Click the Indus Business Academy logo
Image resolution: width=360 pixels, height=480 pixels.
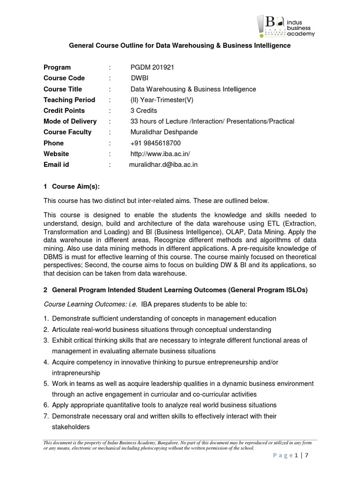coord(286,25)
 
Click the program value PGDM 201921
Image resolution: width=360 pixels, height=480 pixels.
coord(152,67)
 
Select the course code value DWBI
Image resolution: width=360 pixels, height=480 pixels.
coord(140,78)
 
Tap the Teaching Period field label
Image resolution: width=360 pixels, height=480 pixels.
coord(69,100)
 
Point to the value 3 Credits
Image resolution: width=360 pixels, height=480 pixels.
coord(143,111)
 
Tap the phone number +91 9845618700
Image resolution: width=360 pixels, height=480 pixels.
coord(156,143)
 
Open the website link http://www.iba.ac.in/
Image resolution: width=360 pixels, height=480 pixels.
coord(160,154)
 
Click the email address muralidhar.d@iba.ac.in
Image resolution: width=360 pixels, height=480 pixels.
coord(163,165)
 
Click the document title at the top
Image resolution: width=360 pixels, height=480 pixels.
coord(180,45)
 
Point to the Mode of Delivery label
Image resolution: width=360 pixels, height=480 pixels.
coord(70,121)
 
